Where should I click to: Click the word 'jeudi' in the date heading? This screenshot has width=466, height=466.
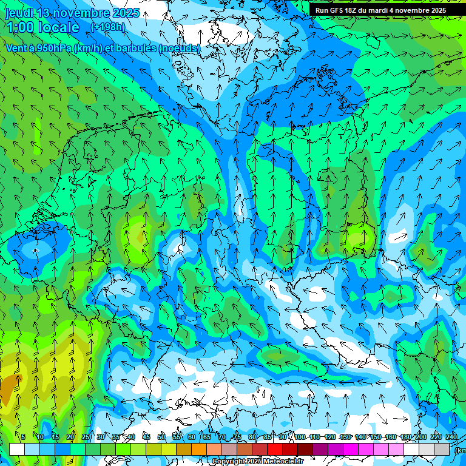tap(19, 13)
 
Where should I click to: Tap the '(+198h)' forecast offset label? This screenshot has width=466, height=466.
tap(107, 27)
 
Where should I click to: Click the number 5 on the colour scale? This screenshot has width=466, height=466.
tap(23, 437)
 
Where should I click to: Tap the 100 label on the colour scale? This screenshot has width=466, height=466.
tap(300, 437)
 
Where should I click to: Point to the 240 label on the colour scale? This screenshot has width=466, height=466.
tap(451, 437)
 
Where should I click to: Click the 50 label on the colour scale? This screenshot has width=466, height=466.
tap(161, 437)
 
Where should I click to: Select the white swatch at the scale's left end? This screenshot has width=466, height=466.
tap(17, 449)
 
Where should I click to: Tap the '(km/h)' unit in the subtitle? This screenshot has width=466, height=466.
tap(89, 48)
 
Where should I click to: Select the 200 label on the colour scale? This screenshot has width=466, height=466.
tap(420, 437)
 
